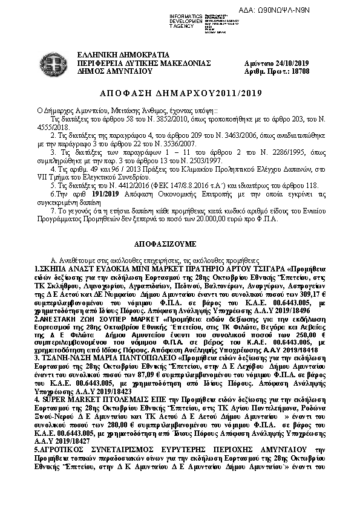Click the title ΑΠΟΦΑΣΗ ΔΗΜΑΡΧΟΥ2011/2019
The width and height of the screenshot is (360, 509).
pyautogui.click(x=180, y=94)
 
